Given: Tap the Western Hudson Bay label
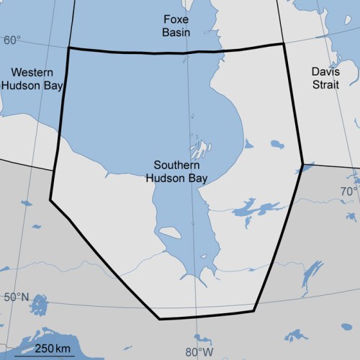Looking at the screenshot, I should [x=32, y=79].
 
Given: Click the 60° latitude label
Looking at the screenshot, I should [x=12, y=40].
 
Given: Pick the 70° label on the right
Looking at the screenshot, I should [x=349, y=192].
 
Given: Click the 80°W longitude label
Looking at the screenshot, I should [x=199, y=352].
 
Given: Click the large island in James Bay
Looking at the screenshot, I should [x=171, y=233].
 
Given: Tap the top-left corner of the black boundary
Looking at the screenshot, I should [x=68, y=48].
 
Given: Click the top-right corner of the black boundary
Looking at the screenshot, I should [x=282, y=44].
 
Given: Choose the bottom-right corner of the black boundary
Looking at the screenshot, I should [x=253, y=311].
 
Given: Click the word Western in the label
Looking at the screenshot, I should [x=32, y=73].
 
